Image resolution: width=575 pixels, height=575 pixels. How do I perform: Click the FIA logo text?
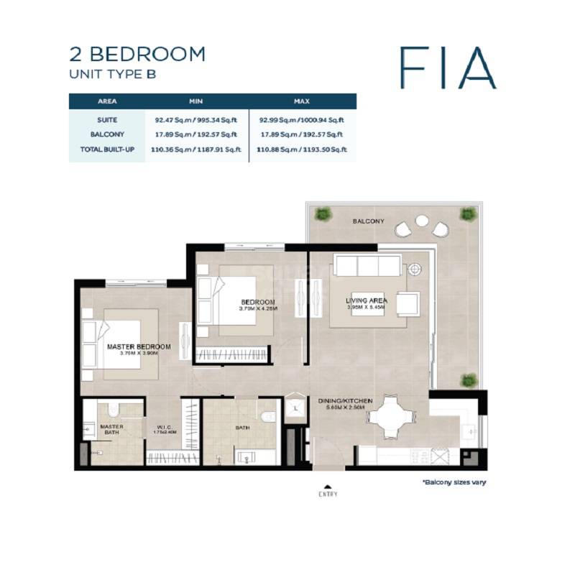[448, 68]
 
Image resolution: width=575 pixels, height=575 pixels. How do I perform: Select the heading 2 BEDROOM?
[137, 54]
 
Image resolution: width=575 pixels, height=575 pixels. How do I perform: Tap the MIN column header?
[196, 101]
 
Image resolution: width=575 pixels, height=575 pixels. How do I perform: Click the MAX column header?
[302, 101]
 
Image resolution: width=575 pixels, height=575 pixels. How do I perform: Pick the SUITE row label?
[107, 120]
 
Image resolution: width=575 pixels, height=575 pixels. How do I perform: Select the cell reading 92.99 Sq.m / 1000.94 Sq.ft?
[302, 120]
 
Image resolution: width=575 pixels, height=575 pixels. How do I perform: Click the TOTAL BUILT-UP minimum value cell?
[196, 149]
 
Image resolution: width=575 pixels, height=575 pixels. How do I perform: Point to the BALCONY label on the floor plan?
[369, 221]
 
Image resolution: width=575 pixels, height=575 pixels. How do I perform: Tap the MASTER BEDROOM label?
[139, 346]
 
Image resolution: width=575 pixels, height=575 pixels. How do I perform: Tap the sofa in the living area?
[369, 267]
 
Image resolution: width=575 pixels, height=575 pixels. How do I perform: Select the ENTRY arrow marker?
[328, 486]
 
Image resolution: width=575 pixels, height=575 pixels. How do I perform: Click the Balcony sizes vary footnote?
[454, 482]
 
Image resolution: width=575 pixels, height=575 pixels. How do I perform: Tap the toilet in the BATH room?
[267, 416]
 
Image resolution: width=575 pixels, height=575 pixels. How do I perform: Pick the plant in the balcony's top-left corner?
[323, 213]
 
